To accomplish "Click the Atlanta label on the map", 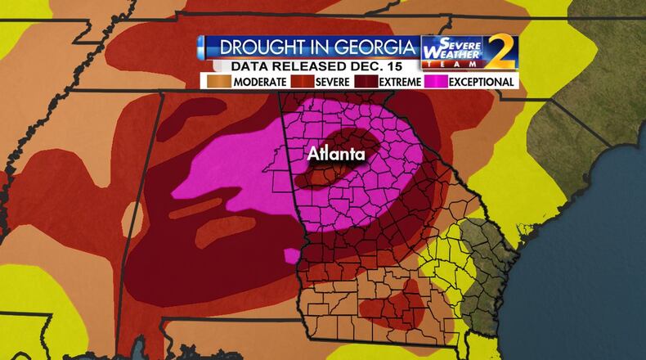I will click(335, 153).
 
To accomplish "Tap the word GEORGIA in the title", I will click(369, 47).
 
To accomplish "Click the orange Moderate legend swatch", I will click(218, 82).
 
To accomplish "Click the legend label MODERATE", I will click(258, 82).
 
